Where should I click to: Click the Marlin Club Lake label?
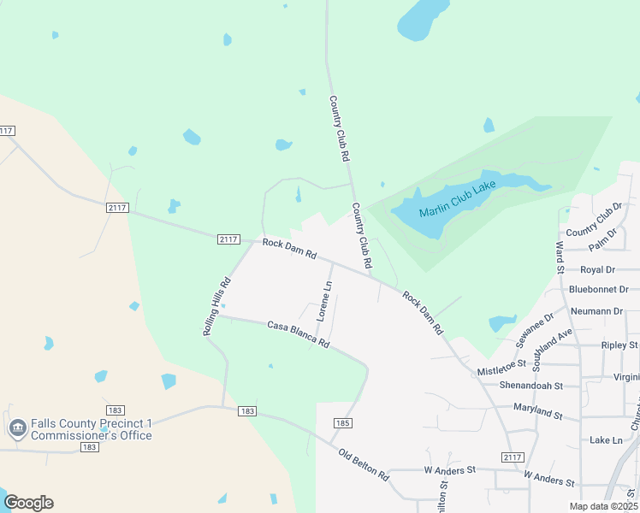458,198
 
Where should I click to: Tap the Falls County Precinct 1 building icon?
16,428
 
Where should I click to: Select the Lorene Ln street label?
323,301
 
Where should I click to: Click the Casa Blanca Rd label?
298,333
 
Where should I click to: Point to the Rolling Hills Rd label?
217,306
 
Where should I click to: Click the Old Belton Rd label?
364,464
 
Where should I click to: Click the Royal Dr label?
598,269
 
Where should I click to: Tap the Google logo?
28,503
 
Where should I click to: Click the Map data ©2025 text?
602,506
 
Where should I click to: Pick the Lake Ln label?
606,439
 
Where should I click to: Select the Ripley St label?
620,345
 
